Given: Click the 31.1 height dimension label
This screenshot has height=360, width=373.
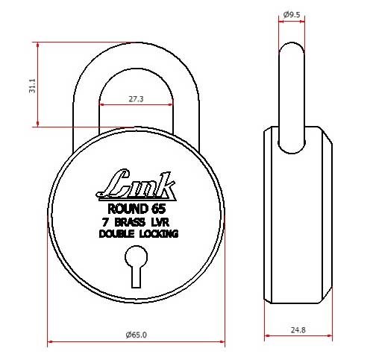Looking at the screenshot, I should (x=31, y=88).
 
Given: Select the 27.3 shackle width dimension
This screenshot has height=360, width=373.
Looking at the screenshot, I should (x=136, y=98).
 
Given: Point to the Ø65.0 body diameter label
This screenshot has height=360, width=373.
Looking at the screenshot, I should (x=137, y=335).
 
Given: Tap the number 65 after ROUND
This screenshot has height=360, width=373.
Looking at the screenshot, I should (x=157, y=208).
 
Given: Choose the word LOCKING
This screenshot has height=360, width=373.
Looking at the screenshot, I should (x=158, y=234).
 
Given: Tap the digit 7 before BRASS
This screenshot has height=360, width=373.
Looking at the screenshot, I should (x=105, y=221).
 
